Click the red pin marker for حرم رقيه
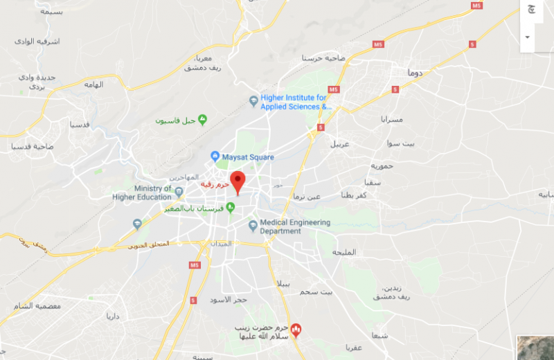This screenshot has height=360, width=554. click(x=238, y=182)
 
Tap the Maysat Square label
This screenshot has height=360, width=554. click(x=248, y=157)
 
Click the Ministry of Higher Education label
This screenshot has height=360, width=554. click(x=143, y=192)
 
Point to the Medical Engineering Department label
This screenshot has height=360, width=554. click(x=294, y=227)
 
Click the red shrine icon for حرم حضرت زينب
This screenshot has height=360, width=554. click(x=296, y=328)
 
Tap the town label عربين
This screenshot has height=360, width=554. click(x=340, y=144)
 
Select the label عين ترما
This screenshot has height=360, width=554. click(x=307, y=197)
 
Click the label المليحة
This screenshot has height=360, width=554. click(x=344, y=252)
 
